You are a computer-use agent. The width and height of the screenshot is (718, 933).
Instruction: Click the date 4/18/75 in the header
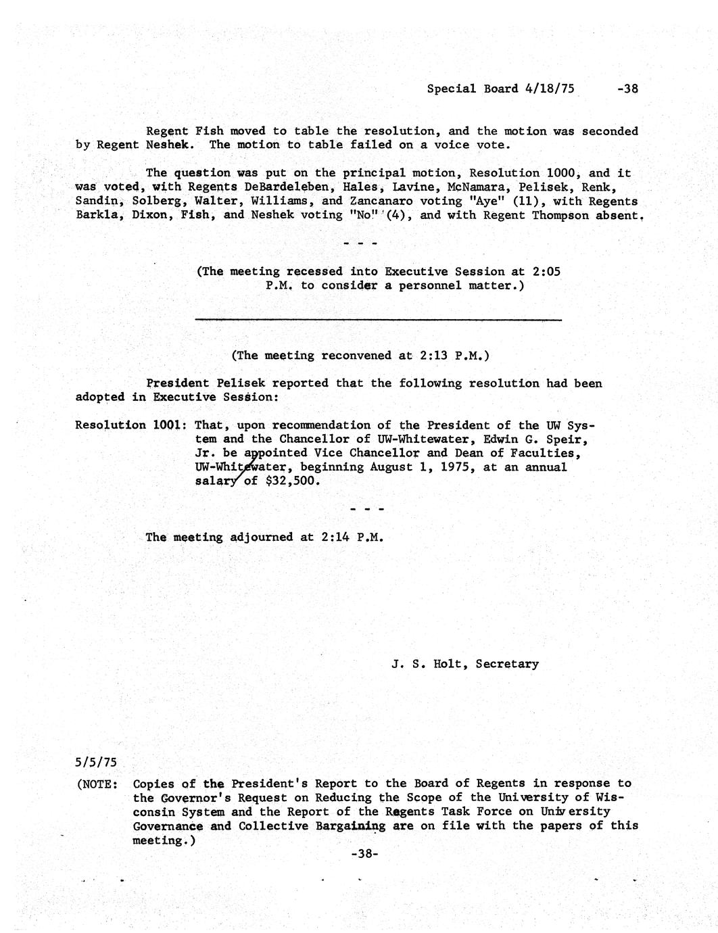point(550,89)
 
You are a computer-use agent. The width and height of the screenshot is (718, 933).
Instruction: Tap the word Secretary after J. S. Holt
point(507,664)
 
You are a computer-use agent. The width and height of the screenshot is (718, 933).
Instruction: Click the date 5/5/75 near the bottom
point(96,763)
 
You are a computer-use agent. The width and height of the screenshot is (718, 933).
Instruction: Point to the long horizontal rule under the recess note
point(377,319)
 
